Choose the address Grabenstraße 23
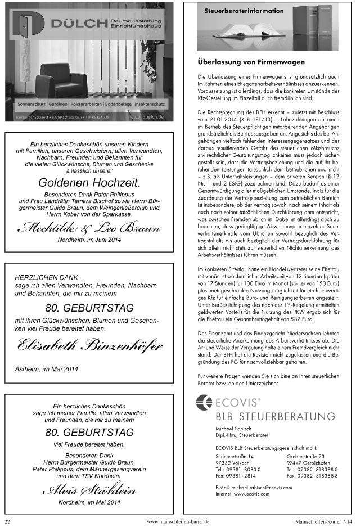coord(305,456)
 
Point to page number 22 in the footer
coord(8,521)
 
